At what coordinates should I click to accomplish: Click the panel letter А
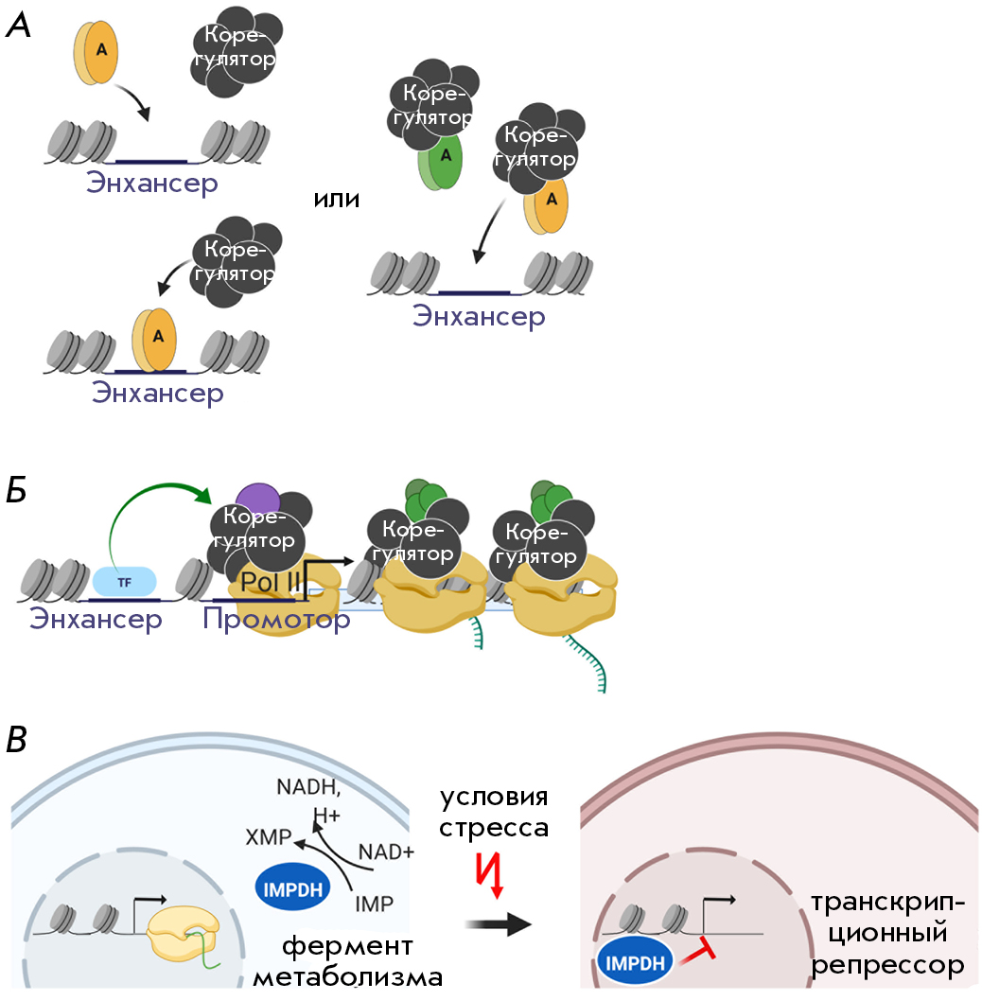pyautogui.click(x=18, y=26)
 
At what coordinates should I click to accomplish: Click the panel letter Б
pyautogui.click(x=17, y=491)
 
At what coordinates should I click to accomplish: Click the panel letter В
pyautogui.click(x=17, y=740)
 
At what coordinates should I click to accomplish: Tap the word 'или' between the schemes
pyautogui.click(x=337, y=200)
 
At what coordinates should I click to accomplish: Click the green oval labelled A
pyautogui.click(x=441, y=160)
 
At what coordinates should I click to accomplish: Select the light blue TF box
pyautogui.click(x=125, y=582)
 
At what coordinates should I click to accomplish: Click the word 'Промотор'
pyautogui.click(x=276, y=620)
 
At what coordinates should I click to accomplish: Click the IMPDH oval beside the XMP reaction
pyautogui.click(x=292, y=888)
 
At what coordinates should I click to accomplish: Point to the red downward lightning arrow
pyautogui.click(x=490, y=875)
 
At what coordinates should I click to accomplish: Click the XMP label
pyautogui.click(x=268, y=837)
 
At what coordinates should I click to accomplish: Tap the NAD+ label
pyautogui.click(x=386, y=852)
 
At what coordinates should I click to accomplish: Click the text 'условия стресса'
pyautogui.click(x=494, y=812)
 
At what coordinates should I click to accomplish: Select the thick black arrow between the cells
pyautogui.click(x=498, y=923)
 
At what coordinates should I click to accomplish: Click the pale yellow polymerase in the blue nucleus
pyautogui.click(x=184, y=933)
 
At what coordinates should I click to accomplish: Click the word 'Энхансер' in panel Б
pyautogui.click(x=96, y=619)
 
